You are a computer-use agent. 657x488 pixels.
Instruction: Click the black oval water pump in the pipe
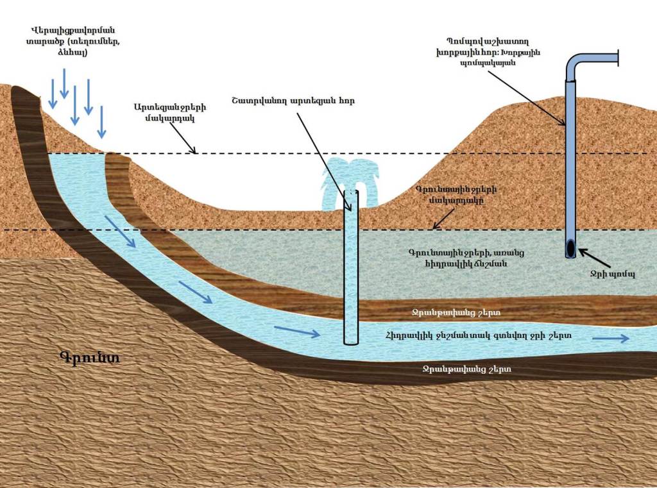pyautogui.click(x=570, y=248)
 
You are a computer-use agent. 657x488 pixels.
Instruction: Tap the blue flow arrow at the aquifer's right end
pyautogui.click(x=610, y=339)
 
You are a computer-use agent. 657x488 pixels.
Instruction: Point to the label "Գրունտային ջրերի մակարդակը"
pyautogui.click(x=456, y=195)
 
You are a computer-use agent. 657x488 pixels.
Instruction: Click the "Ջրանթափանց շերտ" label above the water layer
pyautogui.click(x=456, y=312)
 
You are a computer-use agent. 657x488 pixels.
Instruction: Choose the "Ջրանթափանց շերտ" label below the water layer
pyautogui.click(x=466, y=369)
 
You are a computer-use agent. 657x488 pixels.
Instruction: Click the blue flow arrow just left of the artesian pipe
pyautogui.click(x=296, y=332)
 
